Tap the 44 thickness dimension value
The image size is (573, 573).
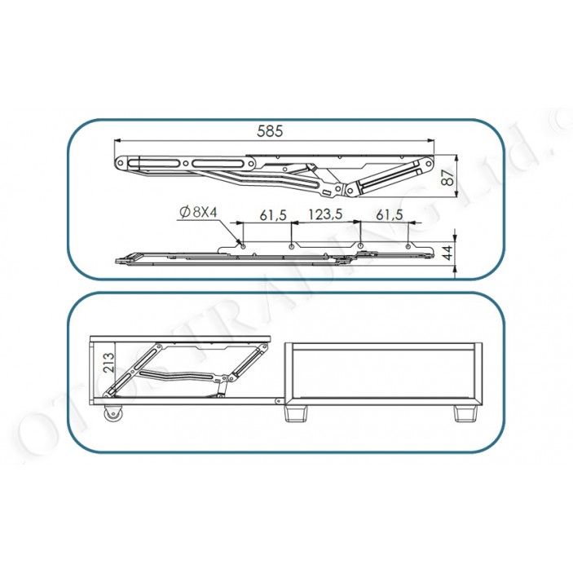[447, 252]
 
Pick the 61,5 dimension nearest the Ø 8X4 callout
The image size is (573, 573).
[273, 214]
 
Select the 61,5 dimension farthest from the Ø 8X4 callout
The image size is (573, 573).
[390, 214]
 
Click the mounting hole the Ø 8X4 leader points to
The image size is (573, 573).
[241, 244]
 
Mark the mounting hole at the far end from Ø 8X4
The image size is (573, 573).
[408, 244]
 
